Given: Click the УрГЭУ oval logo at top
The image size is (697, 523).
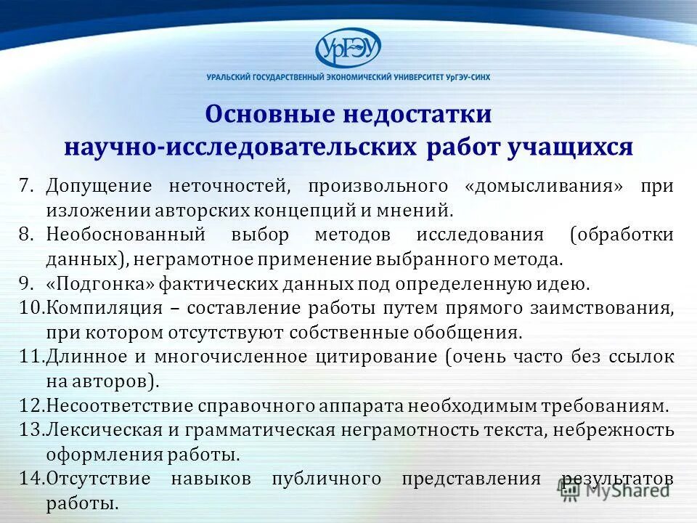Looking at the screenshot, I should click(x=348, y=49).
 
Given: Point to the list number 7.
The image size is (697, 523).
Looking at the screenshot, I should click(x=28, y=185).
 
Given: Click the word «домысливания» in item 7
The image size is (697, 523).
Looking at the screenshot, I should click(x=548, y=186).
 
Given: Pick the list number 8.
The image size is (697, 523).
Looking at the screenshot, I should click(x=28, y=234).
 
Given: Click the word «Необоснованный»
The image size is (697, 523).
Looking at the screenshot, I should click(x=125, y=234).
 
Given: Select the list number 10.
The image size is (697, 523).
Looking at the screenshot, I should click(x=32, y=307).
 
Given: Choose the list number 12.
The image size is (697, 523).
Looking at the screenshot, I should click(x=32, y=405).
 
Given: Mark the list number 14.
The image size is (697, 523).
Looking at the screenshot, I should click(x=32, y=479).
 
